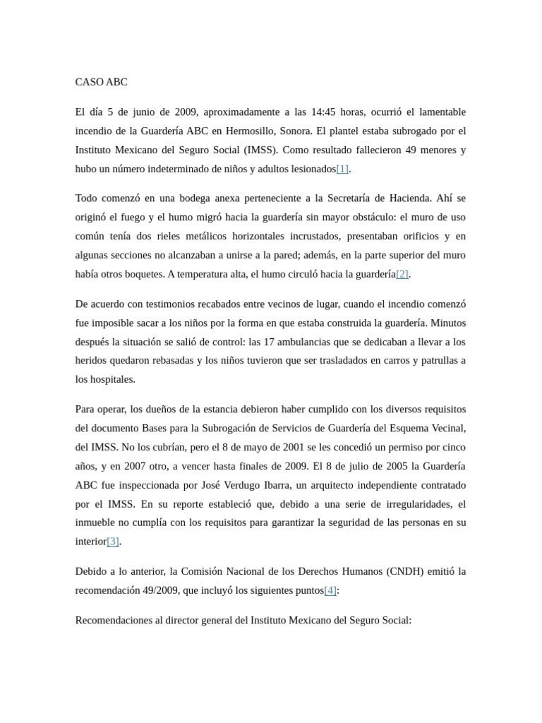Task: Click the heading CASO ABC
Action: click(x=101, y=82)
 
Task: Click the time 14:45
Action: click(x=323, y=112)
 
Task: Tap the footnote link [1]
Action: click(x=342, y=169)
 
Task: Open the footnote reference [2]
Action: click(x=402, y=274)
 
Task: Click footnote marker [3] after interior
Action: click(x=113, y=542)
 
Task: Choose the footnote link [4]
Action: click(x=330, y=590)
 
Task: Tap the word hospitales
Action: click(x=111, y=379)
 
